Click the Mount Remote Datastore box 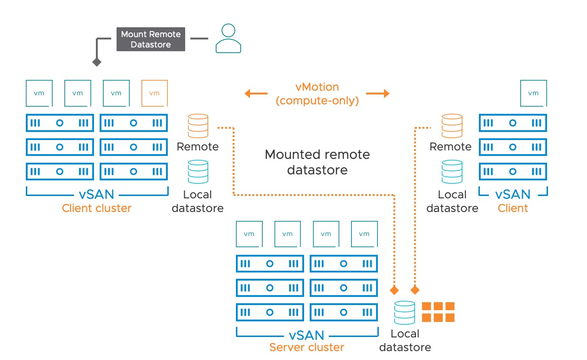(x=150, y=39)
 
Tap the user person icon (x=228, y=39)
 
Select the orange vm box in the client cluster (x=155, y=93)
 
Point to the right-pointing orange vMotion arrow (x=378, y=94)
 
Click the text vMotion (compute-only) (x=317, y=94)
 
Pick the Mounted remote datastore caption (x=317, y=162)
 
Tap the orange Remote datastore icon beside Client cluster (x=197, y=126)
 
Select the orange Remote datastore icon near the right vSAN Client (x=451, y=126)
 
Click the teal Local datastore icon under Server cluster (x=405, y=313)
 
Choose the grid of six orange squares (x=438, y=312)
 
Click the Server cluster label (x=306, y=348)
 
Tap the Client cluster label (x=97, y=208)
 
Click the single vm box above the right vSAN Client (x=533, y=93)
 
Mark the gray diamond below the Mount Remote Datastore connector (x=97, y=62)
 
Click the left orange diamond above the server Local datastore (x=394, y=290)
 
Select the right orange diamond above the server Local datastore (x=415, y=290)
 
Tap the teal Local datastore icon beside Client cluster (x=197, y=172)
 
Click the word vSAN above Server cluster (x=306, y=335)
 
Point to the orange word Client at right (x=513, y=208)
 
